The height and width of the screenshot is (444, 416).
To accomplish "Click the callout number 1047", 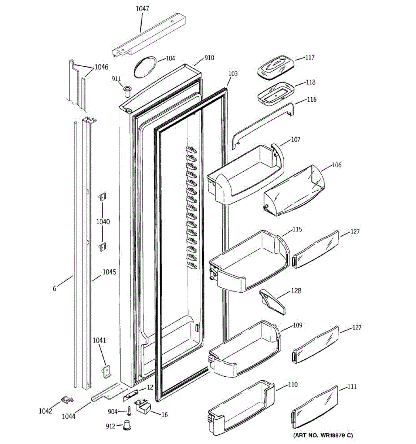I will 142,9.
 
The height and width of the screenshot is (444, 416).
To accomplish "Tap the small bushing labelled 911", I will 128,91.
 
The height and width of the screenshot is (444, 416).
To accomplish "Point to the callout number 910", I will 209,58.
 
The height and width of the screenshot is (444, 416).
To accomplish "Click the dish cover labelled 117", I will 275,67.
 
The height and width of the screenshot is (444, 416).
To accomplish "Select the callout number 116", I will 312,100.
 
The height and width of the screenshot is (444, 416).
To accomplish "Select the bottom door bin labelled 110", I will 242,409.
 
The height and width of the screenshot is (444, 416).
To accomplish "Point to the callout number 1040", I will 103,222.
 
